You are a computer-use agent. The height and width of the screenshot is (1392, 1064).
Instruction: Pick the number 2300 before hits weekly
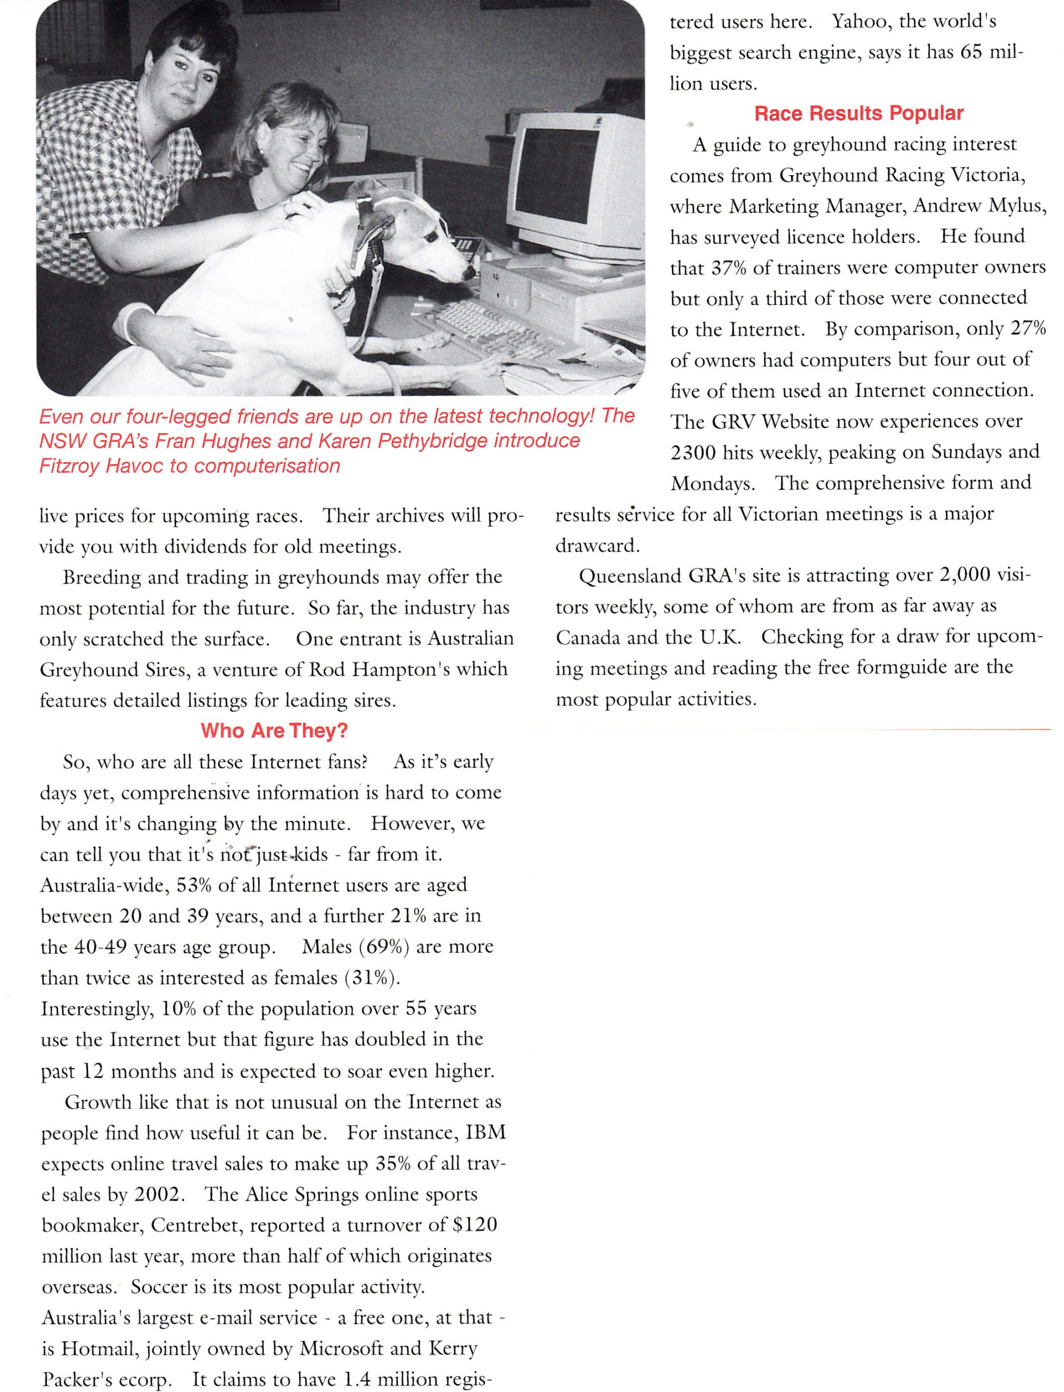pos(693,453)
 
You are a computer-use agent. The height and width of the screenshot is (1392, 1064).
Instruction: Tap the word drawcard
pos(596,546)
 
